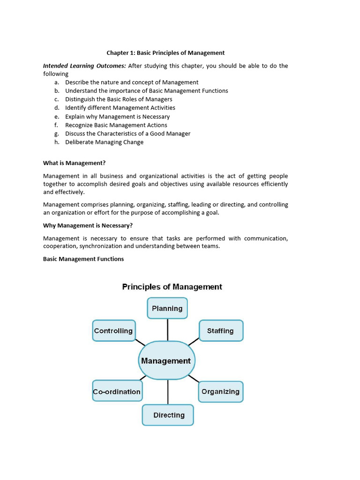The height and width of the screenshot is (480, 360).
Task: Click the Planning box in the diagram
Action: coord(167,308)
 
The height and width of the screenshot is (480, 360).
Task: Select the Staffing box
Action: coord(221,330)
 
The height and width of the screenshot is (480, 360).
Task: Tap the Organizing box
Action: coord(220,391)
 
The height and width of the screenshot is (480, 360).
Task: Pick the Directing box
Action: coord(168,415)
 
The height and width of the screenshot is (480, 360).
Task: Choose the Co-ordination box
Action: coord(117,391)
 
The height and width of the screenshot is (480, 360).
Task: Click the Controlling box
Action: coord(114,330)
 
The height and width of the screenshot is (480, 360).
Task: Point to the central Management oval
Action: coord(166,360)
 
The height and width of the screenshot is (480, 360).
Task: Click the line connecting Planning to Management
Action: coord(167,330)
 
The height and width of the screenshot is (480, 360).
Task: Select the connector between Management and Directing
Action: coord(167,392)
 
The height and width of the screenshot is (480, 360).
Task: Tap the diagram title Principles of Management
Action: coord(172,286)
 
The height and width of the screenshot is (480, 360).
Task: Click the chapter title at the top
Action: coord(165,53)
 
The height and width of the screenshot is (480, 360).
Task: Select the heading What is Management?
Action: coord(74,163)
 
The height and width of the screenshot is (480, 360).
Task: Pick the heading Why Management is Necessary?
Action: coord(88,225)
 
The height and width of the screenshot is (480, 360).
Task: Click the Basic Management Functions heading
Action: coord(83,259)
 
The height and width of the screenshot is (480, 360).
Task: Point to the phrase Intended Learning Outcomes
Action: coord(84,66)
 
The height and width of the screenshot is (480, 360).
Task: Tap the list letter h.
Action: coord(56,142)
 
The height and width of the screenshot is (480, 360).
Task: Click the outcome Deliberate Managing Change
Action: coord(104,142)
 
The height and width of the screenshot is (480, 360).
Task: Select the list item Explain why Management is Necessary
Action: coord(117,116)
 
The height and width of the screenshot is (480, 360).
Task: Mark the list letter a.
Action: coord(56,82)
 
